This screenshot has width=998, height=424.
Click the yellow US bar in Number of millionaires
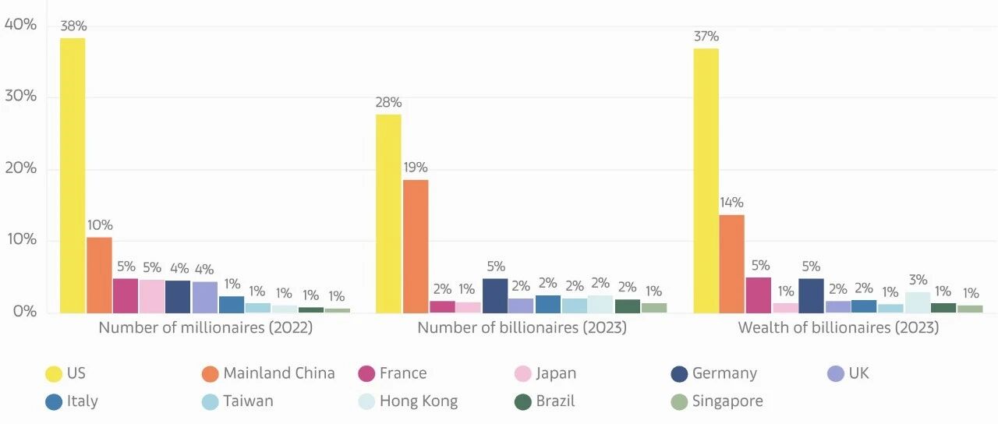click(x=73, y=175)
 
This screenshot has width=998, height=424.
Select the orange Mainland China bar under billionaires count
click(x=416, y=246)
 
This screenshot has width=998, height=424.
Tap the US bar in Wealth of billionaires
click(x=706, y=180)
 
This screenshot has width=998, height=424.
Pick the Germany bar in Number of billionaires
click(x=495, y=295)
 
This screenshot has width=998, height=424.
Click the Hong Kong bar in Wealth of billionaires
click(x=918, y=302)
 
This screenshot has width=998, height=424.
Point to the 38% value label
click(x=73, y=26)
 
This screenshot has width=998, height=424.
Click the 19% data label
click(x=416, y=168)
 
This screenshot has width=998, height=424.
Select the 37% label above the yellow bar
click(x=706, y=36)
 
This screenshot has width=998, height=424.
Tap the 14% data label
click(x=731, y=203)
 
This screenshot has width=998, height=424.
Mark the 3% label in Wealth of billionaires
click(x=918, y=280)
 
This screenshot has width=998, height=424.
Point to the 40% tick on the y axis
click(x=20, y=24)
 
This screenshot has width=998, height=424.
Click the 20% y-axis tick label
click(x=20, y=168)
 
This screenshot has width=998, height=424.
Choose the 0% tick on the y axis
click(x=24, y=311)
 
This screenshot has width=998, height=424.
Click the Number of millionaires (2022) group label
click(x=205, y=328)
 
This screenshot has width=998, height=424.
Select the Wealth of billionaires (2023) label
click(x=838, y=328)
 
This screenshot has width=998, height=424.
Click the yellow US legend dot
click(x=54, y=373)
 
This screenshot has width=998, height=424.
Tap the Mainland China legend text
click(x=279, y=373)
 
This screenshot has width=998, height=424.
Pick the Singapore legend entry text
click(x=727, y=401)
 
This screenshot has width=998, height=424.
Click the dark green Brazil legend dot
click(x=522, y=401)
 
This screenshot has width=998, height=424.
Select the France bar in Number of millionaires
click(x=126, y=295)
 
